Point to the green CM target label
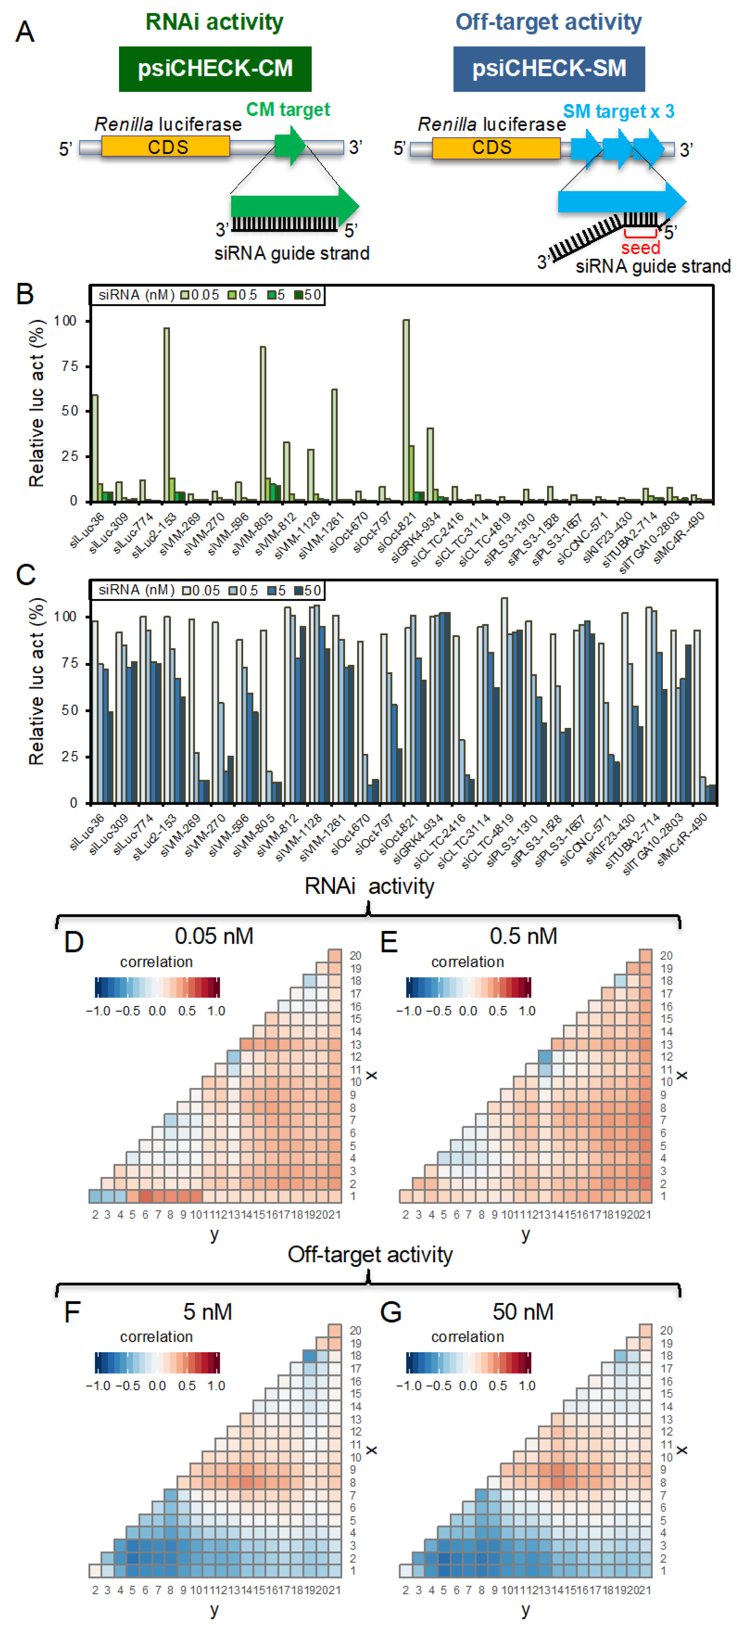288,109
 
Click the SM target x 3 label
618,111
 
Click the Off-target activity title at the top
548,22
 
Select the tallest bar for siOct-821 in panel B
406,410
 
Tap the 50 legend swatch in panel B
299,295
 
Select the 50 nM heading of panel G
523,1312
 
